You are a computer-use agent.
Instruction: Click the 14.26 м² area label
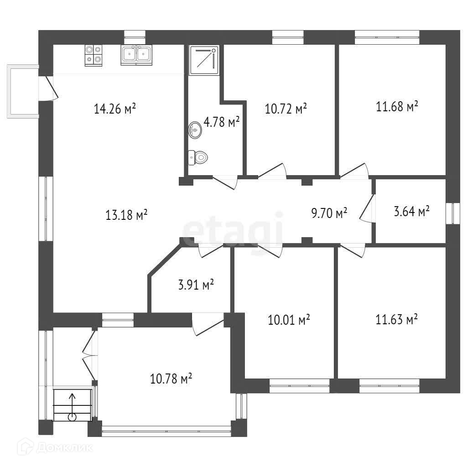click(114, 109)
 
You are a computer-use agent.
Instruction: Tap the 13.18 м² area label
click(127, 214)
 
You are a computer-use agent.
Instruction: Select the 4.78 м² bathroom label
click(222, 122)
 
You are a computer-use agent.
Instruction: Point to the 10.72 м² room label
click(286, 109)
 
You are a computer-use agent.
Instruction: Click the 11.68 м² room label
click(397, 106)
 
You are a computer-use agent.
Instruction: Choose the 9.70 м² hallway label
click(329, 213)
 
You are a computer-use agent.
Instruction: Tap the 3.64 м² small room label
click(412, 211)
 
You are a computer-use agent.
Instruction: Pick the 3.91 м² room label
click(196, 285)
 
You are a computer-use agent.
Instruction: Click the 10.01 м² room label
click(289, 320)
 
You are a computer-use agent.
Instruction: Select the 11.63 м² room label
click(396, 319)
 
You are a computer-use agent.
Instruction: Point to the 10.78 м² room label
click(171, 379)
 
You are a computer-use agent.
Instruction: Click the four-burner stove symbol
click(93, 55)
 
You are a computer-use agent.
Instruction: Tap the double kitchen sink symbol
click(136, 55)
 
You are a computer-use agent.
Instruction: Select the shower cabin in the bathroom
click(204, 60)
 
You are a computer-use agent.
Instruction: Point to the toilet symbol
click(198, 157)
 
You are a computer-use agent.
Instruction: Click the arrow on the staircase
click(72, 407)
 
